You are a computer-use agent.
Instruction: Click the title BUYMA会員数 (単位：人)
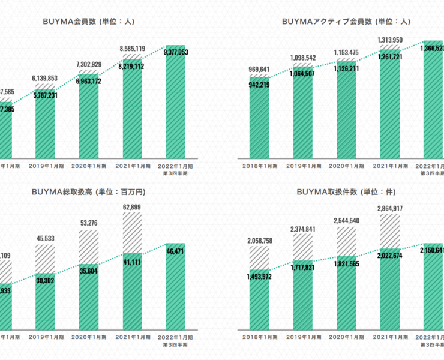click(88, 21)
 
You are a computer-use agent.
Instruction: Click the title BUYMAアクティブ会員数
click(345, 21)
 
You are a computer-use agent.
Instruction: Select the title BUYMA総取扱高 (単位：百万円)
click(88, 192)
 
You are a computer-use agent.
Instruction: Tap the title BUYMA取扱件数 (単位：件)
click(345, 192)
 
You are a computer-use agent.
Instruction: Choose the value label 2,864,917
click(389, 208)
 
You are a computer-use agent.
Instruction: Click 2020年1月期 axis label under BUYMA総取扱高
click(88, 338)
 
